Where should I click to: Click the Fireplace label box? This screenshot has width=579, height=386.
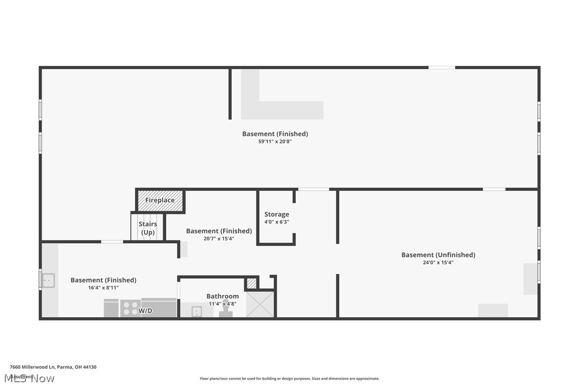point(160,200)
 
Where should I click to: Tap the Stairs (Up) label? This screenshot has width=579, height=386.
point(148,228)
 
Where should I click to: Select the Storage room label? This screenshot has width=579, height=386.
point(277,214)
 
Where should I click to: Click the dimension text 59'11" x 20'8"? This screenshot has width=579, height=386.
point(275,142)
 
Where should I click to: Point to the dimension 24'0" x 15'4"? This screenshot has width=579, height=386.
point(438,262)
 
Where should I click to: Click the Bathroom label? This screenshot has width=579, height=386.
point(222,296)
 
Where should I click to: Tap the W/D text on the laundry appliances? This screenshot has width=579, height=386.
point(146,310)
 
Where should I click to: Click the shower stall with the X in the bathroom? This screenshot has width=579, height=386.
point(260,304)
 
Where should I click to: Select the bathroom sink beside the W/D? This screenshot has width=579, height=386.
point(196,311)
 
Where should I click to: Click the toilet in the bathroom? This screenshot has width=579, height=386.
point(226,312)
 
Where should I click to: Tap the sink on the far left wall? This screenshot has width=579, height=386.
point(48,280)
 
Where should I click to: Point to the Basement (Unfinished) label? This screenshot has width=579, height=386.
point(438,255)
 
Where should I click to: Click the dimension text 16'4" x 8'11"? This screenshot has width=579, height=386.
point(103,287)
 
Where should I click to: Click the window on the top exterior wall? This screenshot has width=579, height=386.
point(441,68)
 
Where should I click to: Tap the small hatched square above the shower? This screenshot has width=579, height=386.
point(252,283)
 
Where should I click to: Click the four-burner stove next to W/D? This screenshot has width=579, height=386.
point(131,309)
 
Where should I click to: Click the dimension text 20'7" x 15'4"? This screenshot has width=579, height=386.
point(219,238)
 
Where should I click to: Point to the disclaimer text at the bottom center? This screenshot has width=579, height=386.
point(289,379)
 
